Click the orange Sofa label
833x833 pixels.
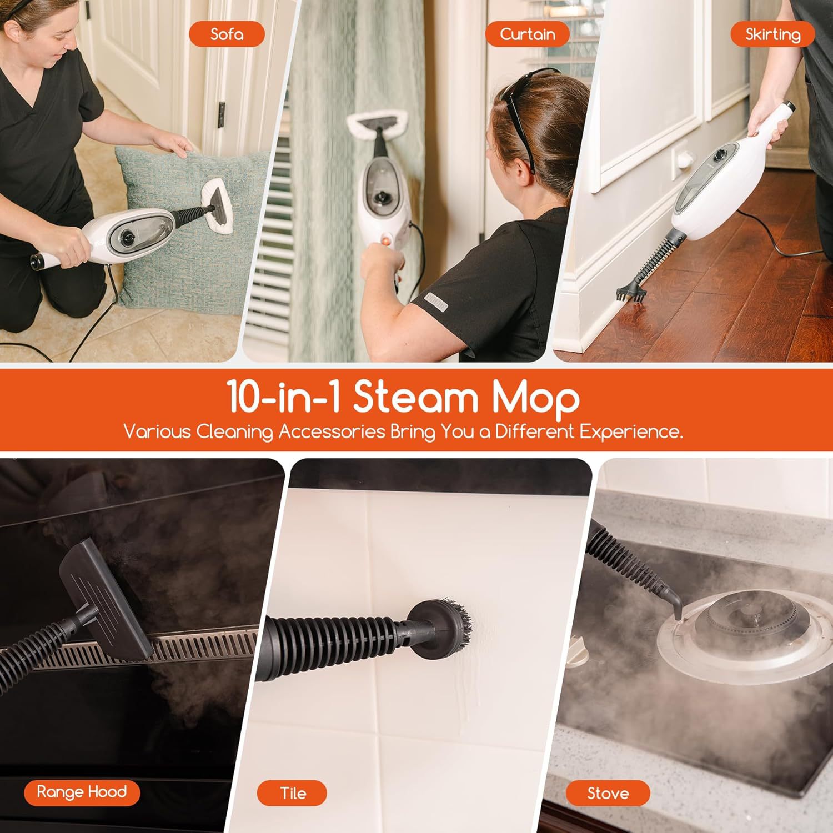227,34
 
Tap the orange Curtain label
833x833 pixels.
527,34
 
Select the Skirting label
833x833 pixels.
772,34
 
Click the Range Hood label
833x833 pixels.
82,791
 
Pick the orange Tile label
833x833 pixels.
292,793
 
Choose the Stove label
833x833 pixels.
608,793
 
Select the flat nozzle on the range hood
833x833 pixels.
106,600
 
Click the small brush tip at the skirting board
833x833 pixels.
631,292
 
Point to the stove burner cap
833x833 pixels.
747,616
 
